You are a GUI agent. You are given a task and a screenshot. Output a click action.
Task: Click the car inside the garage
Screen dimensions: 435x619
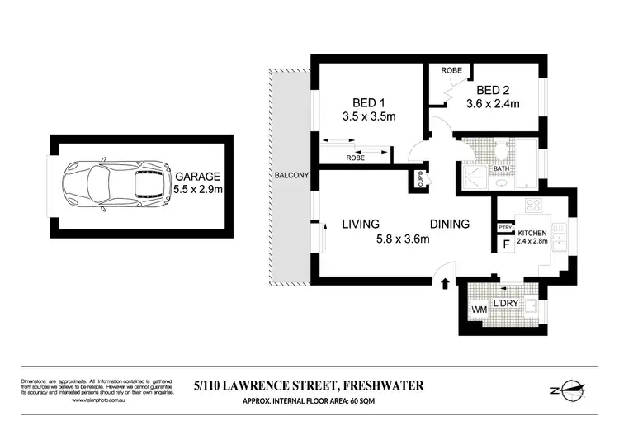[116, 182]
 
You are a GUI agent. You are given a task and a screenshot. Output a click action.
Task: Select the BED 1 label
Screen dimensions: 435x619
[368, 103]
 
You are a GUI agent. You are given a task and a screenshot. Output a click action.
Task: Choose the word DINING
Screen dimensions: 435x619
[449, 224]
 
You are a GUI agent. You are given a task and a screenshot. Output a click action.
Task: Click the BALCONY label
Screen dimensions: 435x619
[293, 176]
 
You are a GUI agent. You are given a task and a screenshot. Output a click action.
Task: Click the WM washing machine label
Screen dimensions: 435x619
[478, 310]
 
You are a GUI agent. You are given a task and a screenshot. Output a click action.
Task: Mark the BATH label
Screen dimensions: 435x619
[501, 168]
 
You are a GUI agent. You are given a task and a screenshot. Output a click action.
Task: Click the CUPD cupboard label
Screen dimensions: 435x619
[420, 178]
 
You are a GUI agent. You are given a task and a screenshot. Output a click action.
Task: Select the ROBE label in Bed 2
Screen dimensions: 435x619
[451, 72]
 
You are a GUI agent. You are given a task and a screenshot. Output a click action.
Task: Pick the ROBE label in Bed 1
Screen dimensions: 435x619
[356, 157]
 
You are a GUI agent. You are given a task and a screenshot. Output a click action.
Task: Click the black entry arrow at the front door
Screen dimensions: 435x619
[446, 283]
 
